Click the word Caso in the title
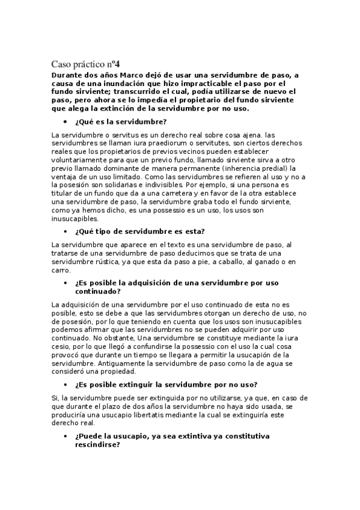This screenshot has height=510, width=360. (x=61, y=63)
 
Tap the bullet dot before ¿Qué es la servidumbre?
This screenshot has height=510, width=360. (x=65, y=122)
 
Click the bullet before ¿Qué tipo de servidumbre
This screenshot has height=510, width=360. (x=65, y=232)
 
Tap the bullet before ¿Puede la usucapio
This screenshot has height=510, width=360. (x=65, y=435)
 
